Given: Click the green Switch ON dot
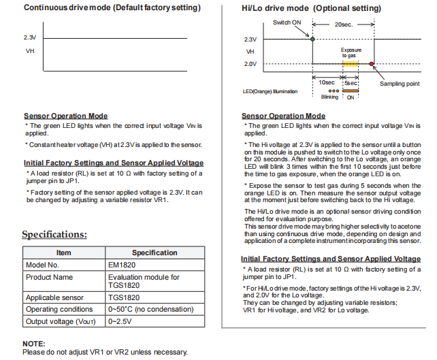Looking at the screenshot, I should (312, 39).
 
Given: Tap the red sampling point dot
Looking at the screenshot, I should (371, 63).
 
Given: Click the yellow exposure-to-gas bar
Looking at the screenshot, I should (351, 63).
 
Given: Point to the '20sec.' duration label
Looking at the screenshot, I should (342, 24).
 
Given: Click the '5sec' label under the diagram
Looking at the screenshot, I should (351, 82).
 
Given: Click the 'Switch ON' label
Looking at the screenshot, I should (287, 22).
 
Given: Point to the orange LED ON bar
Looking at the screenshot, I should (351, 90).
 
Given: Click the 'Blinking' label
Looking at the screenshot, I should (329, 97).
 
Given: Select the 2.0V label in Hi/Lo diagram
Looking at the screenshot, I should (250, 63).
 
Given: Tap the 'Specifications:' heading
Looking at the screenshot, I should (54, 235).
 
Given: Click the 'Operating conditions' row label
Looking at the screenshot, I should (59, 309).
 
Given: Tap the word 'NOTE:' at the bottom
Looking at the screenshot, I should (34, 344).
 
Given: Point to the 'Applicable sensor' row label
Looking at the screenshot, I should (56, 297).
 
